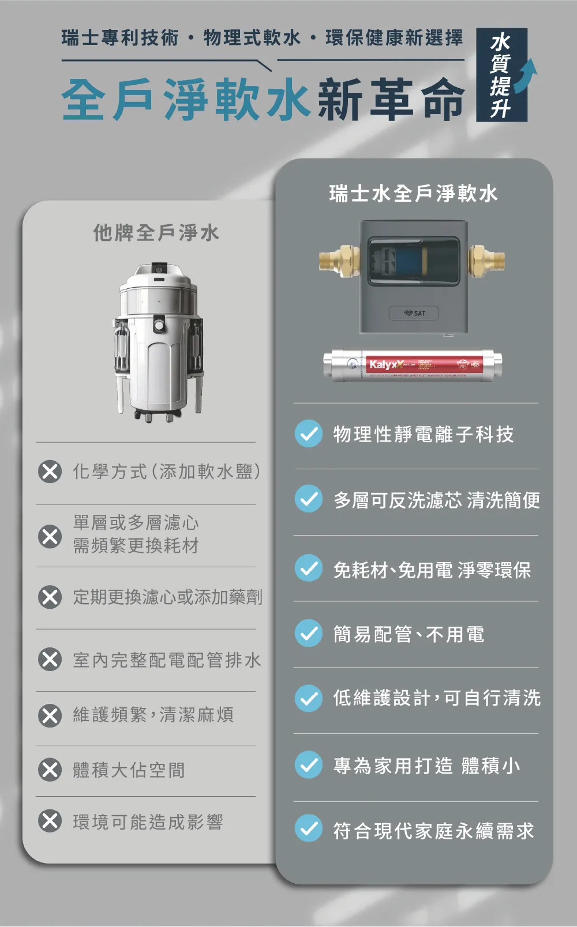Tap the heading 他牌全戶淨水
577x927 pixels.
156,233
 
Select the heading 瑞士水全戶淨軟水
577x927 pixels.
413,194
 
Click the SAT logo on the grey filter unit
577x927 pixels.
414,313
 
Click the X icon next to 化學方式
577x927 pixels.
50,472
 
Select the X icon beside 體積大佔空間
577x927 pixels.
50,770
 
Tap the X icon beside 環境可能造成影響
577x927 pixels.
50,821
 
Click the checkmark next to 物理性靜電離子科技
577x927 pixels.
309,434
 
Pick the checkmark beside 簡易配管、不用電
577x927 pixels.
309,634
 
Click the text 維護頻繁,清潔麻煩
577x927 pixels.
153,715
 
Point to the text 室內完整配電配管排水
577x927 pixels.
167,660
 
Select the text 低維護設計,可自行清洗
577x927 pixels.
437,698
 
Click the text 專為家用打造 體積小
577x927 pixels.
426,766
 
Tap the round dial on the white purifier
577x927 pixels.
159,326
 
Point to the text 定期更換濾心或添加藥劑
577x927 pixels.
167,597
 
